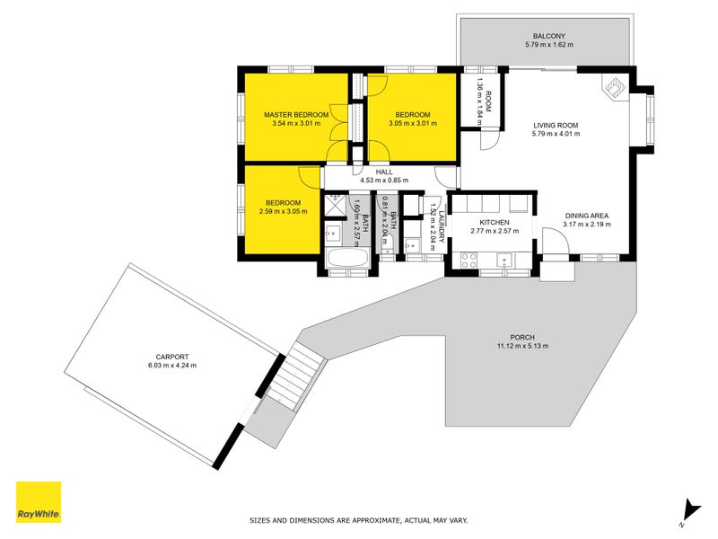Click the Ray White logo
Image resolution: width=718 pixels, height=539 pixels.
pyautogui.click(x=39, y=501)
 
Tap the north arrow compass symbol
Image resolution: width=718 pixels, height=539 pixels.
pyautogui.click(x=690, y=512)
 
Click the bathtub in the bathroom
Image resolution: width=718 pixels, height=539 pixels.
pyautogui.click(x=347, y=259)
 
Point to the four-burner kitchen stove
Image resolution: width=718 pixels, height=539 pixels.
pyautogui.click(x=468, y=261)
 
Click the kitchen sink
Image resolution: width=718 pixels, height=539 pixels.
pyautogui.click(x=504, y=260)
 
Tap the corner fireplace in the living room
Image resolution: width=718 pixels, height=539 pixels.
pyautogui.click(x=615, y=87)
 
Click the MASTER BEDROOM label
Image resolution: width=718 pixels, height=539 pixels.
pyautogui.click(x=296, y=115)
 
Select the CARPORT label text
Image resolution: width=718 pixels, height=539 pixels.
pyautogui.click(x=172, y=357)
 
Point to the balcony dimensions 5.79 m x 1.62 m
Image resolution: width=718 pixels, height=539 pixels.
pyautogui.click(x=549, y=44)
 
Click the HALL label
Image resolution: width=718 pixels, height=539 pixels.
pyautogui.click(x=384, y=172)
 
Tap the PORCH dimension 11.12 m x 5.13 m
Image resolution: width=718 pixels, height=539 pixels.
pyautogui.click(x=522, y=346)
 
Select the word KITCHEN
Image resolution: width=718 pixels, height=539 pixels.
pyautogui.click(x=495, y=222)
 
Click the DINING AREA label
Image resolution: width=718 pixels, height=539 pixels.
pyautogui.click(x=587, y=216)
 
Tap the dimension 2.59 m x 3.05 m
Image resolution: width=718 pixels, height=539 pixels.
pyautogui.click(x=283, y=211)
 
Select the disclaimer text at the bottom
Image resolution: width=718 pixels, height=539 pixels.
pyautogui.click(x=358, y=520)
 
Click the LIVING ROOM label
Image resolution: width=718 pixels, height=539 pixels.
pyautogui.click(x=556, y=125)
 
